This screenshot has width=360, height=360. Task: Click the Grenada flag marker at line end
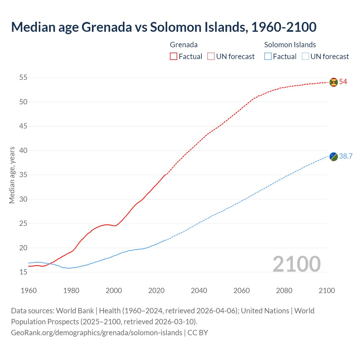point(334,82)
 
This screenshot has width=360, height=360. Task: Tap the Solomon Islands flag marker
point(334,157)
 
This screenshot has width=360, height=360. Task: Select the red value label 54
point(343,82)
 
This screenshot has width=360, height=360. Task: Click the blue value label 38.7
point(346,156)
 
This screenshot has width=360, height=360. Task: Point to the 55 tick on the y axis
point(23,78)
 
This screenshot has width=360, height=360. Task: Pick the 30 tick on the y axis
point(23,199)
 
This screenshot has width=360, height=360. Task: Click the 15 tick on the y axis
point(23,272)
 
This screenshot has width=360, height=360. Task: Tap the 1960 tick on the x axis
point(29,291)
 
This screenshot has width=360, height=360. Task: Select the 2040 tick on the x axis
point(199,291)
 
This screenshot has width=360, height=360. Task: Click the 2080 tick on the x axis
point(284,291)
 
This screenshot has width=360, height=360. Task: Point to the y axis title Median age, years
point(12,175)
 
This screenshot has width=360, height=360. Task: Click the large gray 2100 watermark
point(297,264)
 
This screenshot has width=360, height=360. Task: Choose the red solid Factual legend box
point(174,57)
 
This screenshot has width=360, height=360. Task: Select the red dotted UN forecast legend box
point(211,57)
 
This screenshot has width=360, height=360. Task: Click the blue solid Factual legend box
point(268,57)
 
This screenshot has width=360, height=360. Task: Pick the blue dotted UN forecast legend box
point(305,57)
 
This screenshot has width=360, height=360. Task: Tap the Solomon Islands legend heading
point(290,45)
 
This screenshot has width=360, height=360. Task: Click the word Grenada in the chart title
point(107,27)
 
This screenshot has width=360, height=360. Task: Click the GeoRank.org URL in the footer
point(96,333)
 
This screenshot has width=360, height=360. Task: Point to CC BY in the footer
point(198,333)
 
